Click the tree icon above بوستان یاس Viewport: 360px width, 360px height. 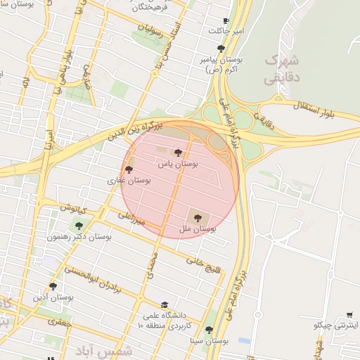pos(177,153)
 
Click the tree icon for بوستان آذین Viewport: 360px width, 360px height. pos(53,285)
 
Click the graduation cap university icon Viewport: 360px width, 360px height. pos(165,305)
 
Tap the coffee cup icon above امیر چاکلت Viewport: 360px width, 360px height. pos(225,21)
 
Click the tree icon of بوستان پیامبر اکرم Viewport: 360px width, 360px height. pos(221,49)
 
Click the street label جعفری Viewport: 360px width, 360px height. pos(60,321)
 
